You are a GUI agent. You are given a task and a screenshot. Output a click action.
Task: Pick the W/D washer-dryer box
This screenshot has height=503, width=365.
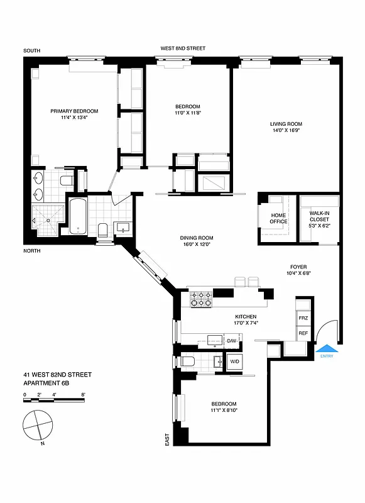click(235, 362)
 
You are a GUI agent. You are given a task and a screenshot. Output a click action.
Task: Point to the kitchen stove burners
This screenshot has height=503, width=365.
click(201, 298)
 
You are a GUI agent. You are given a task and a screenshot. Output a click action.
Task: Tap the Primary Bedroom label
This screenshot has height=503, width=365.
click(74, 111)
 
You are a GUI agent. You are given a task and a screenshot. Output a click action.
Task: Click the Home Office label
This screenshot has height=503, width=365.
click(278, 218)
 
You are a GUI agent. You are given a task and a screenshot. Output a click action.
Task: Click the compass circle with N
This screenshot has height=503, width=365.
click(37, 426)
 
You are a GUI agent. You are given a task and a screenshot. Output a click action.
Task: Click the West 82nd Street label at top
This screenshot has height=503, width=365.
click(183, 48)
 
